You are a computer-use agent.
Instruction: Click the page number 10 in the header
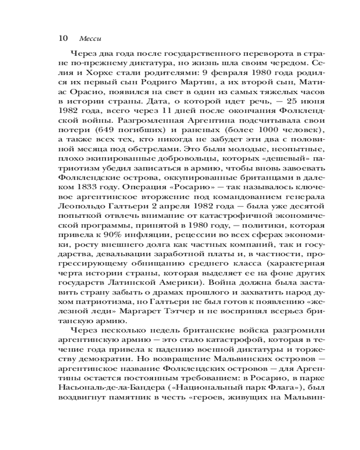point(63,38)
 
